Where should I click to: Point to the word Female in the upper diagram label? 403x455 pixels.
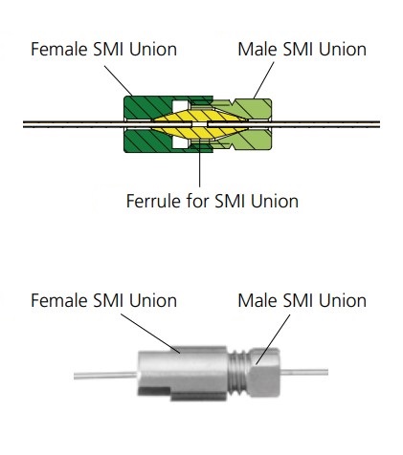59,49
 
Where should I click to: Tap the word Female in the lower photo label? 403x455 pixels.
59,300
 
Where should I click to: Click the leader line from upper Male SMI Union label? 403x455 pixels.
264,80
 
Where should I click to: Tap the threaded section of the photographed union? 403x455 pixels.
238,373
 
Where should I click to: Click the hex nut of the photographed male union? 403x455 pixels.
264,373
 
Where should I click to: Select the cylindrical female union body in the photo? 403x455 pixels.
183,374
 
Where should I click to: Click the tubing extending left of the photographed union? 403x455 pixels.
105,376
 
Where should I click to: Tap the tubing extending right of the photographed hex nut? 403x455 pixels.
304,372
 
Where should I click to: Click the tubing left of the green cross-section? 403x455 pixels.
74,124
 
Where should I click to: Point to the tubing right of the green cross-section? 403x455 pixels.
325,124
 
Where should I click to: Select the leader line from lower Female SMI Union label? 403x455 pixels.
150,334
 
